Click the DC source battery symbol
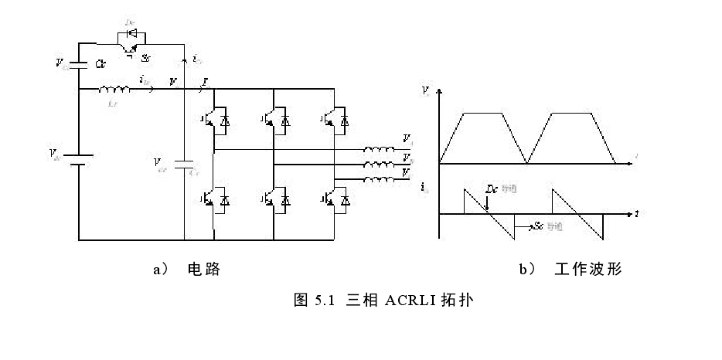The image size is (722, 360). point(79,158)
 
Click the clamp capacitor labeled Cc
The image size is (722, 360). point(80,63)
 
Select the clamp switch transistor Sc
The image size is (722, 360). point(127,50)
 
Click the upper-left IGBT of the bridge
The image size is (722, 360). point(217,120)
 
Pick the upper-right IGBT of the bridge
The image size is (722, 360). point(335,120)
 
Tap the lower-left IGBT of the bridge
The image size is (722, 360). point(217,200)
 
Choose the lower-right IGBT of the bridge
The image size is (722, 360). point(335,200)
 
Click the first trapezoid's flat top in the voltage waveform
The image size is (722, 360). point(483,113)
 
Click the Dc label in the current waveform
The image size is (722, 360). point(490,188)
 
